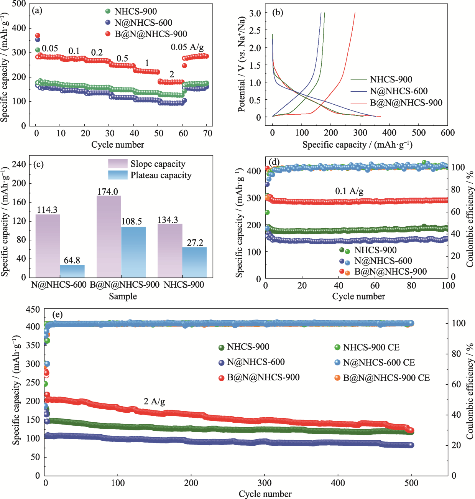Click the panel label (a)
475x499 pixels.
click(37, 11)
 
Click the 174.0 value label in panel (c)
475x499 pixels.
click(107, 191)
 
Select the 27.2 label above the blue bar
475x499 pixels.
click(195, 243)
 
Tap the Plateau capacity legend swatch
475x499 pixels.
click(117, 175)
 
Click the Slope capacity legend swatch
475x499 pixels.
click(117, 164)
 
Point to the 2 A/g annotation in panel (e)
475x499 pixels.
click(154, 402)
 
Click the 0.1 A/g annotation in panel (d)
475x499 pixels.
click(349, 191)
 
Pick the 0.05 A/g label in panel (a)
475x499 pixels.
click(187, 47)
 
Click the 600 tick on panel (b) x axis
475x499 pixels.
click(447, 133)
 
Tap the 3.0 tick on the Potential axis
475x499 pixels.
click(255, 13)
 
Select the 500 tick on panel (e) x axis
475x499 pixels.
click(411, 483)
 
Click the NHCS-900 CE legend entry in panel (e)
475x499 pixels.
click(371, 347)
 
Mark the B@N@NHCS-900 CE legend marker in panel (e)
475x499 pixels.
click(337, 378)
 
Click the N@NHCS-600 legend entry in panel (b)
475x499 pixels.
click(398, 91)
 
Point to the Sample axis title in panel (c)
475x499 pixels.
click(123, 296)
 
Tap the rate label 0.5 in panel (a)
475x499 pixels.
click(122, 58)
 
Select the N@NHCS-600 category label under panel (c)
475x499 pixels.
click(59, 285)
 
